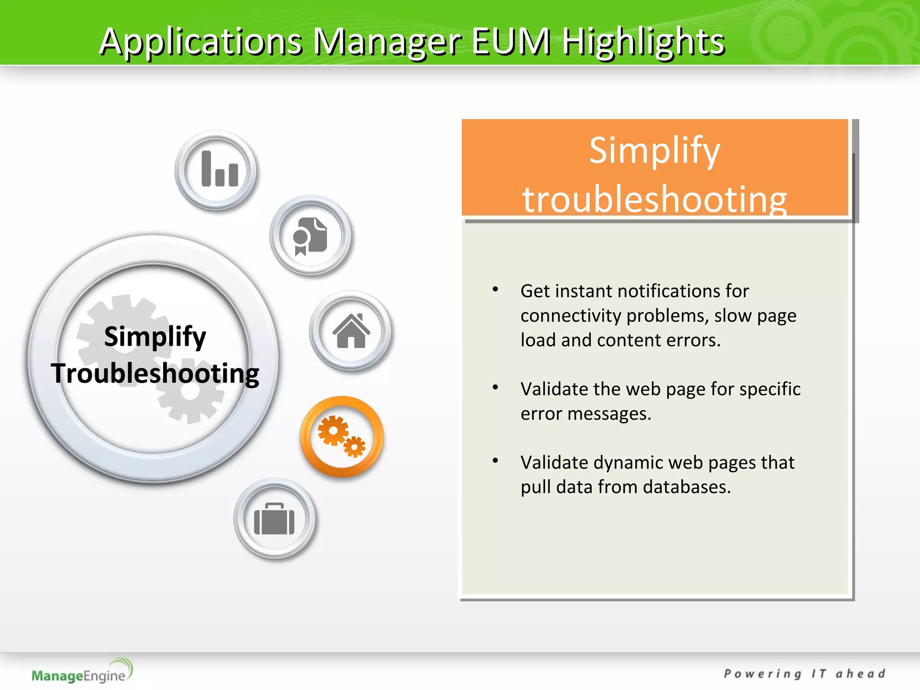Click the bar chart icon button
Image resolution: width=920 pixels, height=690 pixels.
(217, 170)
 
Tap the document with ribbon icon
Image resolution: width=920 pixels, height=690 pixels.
(310, 236)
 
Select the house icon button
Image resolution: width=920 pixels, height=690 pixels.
(350, 331)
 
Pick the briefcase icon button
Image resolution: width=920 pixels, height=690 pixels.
(274, 519)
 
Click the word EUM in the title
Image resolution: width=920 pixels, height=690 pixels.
(511, 41)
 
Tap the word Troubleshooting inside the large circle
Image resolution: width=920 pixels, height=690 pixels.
(155, 373)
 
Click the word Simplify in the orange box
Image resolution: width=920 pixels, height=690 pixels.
(655, 150)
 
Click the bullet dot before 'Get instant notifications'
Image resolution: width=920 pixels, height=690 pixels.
(495, 289)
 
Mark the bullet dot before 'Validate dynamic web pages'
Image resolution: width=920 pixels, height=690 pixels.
(495, 460)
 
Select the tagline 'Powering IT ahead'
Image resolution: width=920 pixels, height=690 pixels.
(804, 674)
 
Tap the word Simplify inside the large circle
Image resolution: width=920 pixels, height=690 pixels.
(155, 336)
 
